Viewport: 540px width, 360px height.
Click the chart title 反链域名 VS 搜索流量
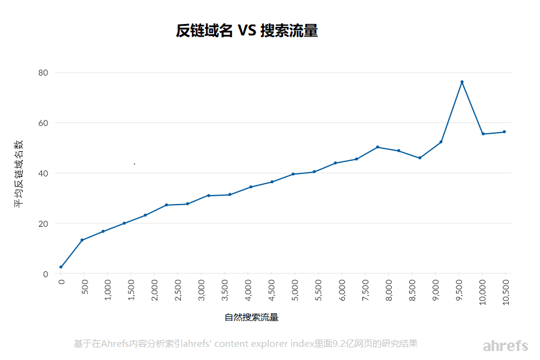tap(247, 31)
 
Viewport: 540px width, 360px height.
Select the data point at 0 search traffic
tap(61, 267)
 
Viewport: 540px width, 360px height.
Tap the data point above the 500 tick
tap(82, 240)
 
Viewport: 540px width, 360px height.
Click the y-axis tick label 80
tap(43, 73)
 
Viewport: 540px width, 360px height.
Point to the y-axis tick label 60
tap(43, 123)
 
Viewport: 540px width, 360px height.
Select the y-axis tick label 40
tap(43, 173)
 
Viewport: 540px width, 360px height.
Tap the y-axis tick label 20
tap(43, 223)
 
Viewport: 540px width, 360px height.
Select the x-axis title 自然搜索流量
tap(251, 317)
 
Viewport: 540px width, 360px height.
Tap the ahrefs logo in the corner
tap(505, 346)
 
